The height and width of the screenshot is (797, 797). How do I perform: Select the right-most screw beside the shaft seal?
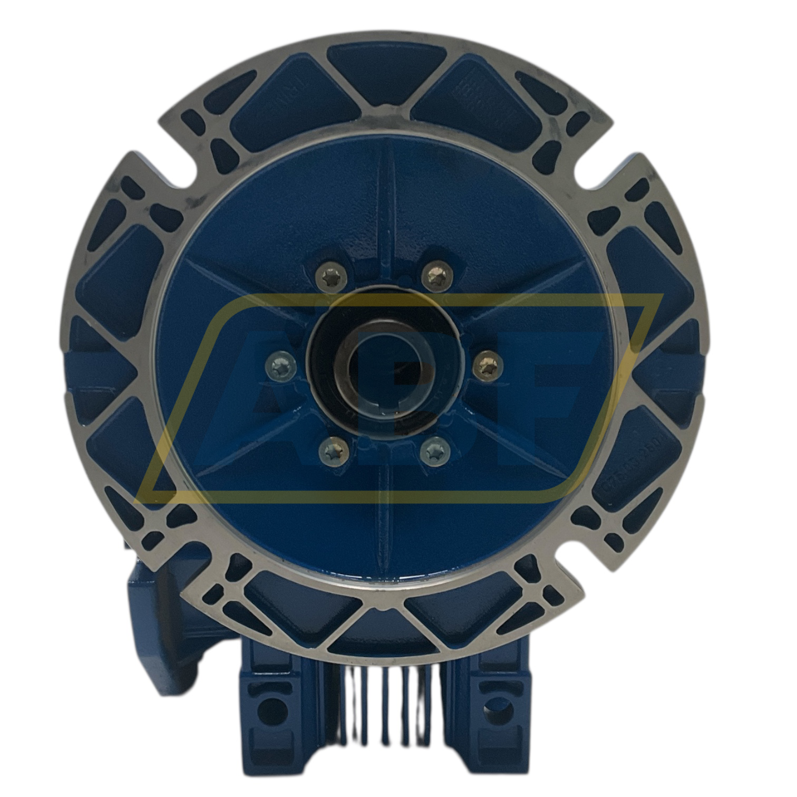point(487,363)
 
